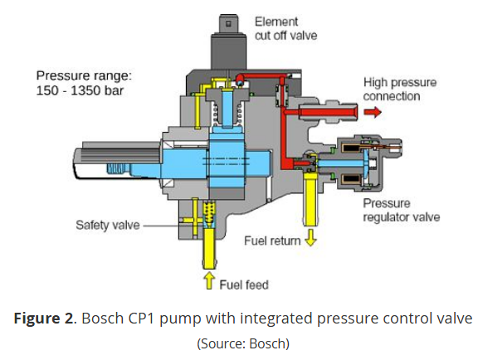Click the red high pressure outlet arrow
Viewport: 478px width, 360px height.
point(373,112)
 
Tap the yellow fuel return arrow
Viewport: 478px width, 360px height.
point(310,237)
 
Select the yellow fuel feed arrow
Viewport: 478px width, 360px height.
point(209,280)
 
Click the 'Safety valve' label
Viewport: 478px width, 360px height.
point(108,226)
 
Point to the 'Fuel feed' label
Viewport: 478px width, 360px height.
point(244,285)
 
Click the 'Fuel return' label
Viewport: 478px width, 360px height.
point(272,241)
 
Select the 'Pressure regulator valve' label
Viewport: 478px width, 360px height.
point(402,211)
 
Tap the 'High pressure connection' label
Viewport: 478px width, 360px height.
point(400,90)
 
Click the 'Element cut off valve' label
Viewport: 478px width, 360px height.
point(286,29)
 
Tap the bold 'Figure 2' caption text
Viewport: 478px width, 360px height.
point(44,319)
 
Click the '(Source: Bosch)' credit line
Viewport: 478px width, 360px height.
point(243,343)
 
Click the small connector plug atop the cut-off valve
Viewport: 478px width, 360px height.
point(229,23)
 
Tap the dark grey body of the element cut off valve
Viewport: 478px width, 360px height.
point(229,51)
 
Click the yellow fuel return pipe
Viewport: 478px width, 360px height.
point(310,199)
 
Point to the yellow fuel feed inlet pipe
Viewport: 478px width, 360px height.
point(209,248)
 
